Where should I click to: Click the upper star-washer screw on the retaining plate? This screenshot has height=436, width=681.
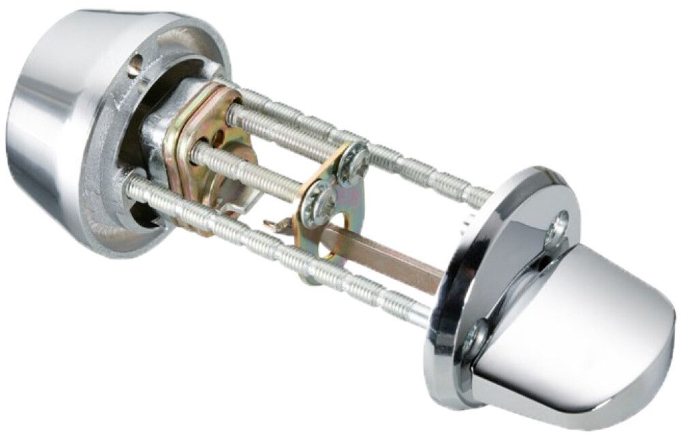(355, 161)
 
